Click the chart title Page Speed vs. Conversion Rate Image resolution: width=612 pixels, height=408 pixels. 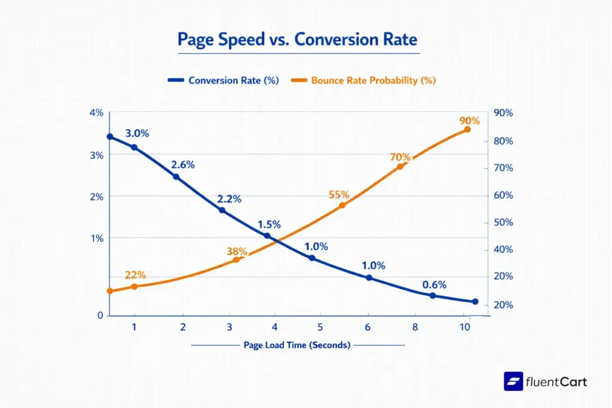(298, 39)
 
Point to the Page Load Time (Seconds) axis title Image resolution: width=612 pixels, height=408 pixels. (297, 345)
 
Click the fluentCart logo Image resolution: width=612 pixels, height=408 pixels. (546, 381)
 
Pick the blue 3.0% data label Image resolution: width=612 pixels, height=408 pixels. (137, 134)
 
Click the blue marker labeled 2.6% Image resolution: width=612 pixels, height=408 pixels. (176, 177)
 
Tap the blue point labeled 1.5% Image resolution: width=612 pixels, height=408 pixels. (267, 236)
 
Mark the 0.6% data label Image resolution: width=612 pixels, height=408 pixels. (434, 285)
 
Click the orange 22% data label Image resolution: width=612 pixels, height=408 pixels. (135, 275)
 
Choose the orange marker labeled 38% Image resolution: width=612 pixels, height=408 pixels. (236, 259)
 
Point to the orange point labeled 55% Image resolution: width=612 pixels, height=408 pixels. (342, 205)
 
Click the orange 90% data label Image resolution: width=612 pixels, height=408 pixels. (469, 120)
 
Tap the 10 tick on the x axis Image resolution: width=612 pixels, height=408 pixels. (464, 327)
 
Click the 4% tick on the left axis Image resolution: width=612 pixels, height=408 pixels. (96, 113)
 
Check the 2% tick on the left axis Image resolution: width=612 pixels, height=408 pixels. (96, 197)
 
